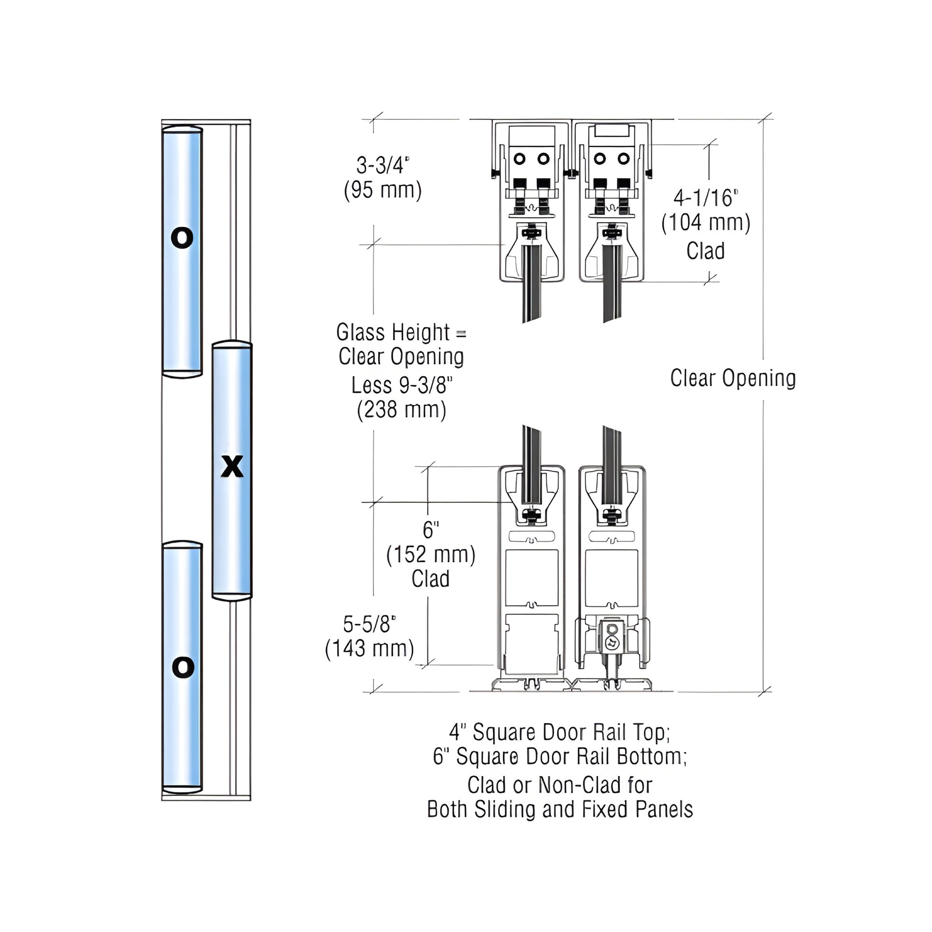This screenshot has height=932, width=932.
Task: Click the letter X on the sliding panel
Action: (232, 466)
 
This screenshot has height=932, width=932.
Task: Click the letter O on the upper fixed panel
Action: (182, 238)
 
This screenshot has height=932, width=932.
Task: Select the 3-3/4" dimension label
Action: (383, 165)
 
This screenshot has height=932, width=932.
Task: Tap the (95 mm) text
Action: (383, 190)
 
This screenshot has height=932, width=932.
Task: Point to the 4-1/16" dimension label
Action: (706, 198)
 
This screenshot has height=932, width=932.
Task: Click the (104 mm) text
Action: (706, 223)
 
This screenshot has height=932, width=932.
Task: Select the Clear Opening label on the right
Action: (733, 378)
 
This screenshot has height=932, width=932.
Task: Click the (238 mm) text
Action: (401, 410)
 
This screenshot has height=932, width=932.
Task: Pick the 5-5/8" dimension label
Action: (370, 624)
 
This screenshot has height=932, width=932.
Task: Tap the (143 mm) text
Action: (370, 648)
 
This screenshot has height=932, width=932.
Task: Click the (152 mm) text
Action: (431, 554)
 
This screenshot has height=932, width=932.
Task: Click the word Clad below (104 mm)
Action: (706, 251)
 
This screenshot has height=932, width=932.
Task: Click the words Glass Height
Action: (393, 333)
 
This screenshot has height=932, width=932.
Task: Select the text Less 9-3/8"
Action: (401, 386)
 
